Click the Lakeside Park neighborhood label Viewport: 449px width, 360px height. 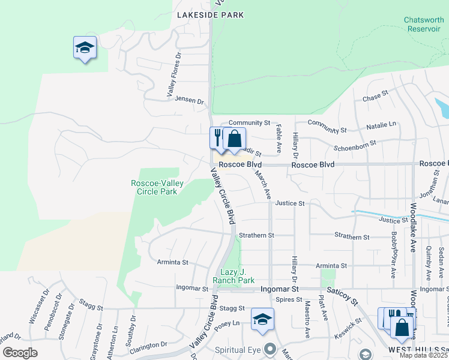tap(210, 15)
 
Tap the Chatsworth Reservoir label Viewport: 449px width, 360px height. tap(424, 24)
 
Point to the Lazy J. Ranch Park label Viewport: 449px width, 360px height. tap(234, 276)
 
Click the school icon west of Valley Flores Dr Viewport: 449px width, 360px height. tap(85, 48)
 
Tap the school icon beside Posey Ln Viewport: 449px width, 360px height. tap(262, 320)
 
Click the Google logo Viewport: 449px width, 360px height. tap(20, 352)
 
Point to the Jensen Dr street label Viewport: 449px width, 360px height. tap(190, 100)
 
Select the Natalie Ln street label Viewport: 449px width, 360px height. tap(382, 124)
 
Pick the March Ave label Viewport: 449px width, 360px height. tap(264, 185)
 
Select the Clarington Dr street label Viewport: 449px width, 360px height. tap(148, 346)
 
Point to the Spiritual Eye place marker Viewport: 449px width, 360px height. tap(270, 348)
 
